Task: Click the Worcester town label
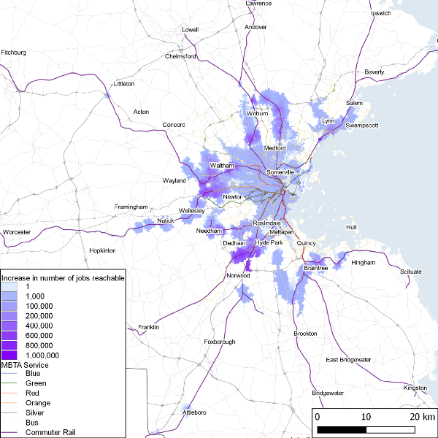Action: coord(16,231)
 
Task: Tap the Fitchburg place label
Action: coord(14,53)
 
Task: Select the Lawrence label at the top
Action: coord(258,4)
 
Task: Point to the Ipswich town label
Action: coord(381,13)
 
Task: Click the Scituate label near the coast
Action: coord(410,272)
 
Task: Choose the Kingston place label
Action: coord(415,388)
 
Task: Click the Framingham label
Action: coord(131,207)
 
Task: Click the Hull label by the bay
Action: coord(351,227)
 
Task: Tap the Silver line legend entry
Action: coord(35,412)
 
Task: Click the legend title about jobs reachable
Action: coord(63,278)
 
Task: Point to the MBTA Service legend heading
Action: coord(25,364)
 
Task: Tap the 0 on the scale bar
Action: coord(317,417)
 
